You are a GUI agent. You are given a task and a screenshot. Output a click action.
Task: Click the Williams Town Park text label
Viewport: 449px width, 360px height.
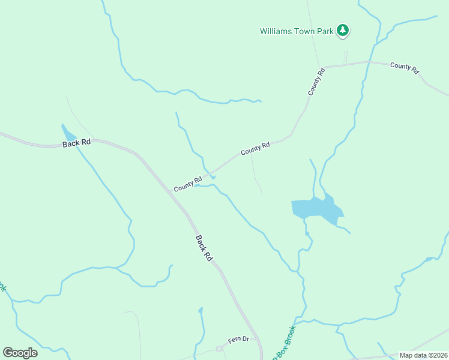click(x=296, y=31)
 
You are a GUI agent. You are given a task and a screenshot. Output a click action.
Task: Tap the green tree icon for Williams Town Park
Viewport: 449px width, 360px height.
click(x=342, y=30)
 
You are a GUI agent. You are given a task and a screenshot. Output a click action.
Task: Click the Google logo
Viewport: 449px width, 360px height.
click(x=20, y=352)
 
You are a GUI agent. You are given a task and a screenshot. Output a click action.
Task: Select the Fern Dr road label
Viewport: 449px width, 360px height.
click(x=238, y=339)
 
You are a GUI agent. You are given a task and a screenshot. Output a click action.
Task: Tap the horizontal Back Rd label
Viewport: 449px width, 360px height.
click(x=77, y=143)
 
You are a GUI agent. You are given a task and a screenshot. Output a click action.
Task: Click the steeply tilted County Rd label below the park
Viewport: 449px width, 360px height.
click(x=316, y=81)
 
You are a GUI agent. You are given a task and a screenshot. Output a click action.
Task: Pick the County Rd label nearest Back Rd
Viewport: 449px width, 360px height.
click(x=188, y=184)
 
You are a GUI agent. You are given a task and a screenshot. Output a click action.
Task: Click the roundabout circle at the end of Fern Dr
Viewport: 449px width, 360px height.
click(x=219, y=349)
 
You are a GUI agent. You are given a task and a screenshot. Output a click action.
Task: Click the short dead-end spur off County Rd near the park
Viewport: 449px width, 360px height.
click(x=346, y=57)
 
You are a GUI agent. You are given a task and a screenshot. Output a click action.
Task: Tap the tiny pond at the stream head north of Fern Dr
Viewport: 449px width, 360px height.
click(x=200, y=310)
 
